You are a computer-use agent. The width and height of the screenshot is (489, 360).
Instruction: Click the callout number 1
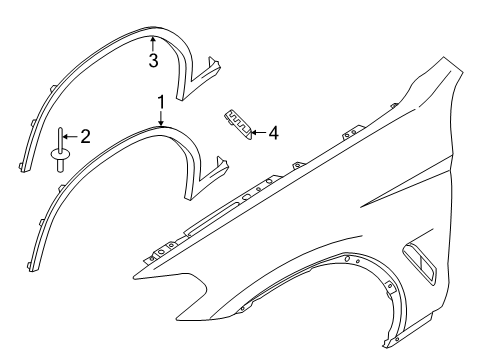pos(159,101)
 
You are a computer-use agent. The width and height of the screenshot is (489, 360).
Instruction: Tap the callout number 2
pos(85,135)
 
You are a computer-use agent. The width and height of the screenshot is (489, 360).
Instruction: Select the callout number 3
pos(152,61)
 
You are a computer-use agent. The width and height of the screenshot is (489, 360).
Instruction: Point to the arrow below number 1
pos(159,117)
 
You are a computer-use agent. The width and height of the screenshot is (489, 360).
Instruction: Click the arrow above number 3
pos(152,43)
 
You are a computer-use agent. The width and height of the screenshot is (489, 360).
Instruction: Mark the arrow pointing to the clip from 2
pos(70,135)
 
